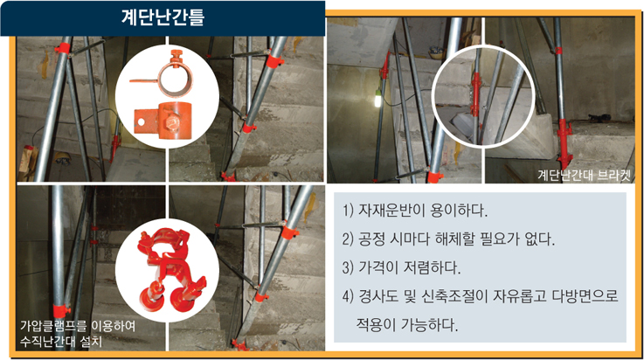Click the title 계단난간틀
click(163, 17)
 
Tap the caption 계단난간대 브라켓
click(584, 175)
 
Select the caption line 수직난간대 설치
click(61, 341)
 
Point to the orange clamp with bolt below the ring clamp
click(163, 121)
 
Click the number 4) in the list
click(348, 296)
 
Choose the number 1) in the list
click(348, 211)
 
